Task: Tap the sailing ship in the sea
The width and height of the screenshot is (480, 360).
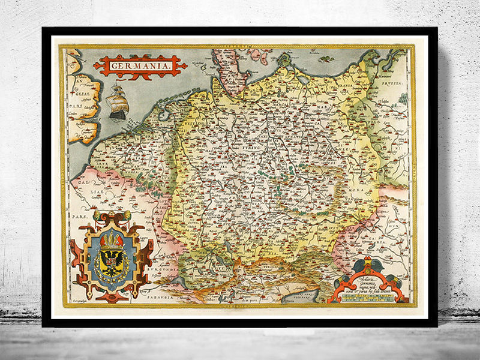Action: [x=118, y=101]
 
